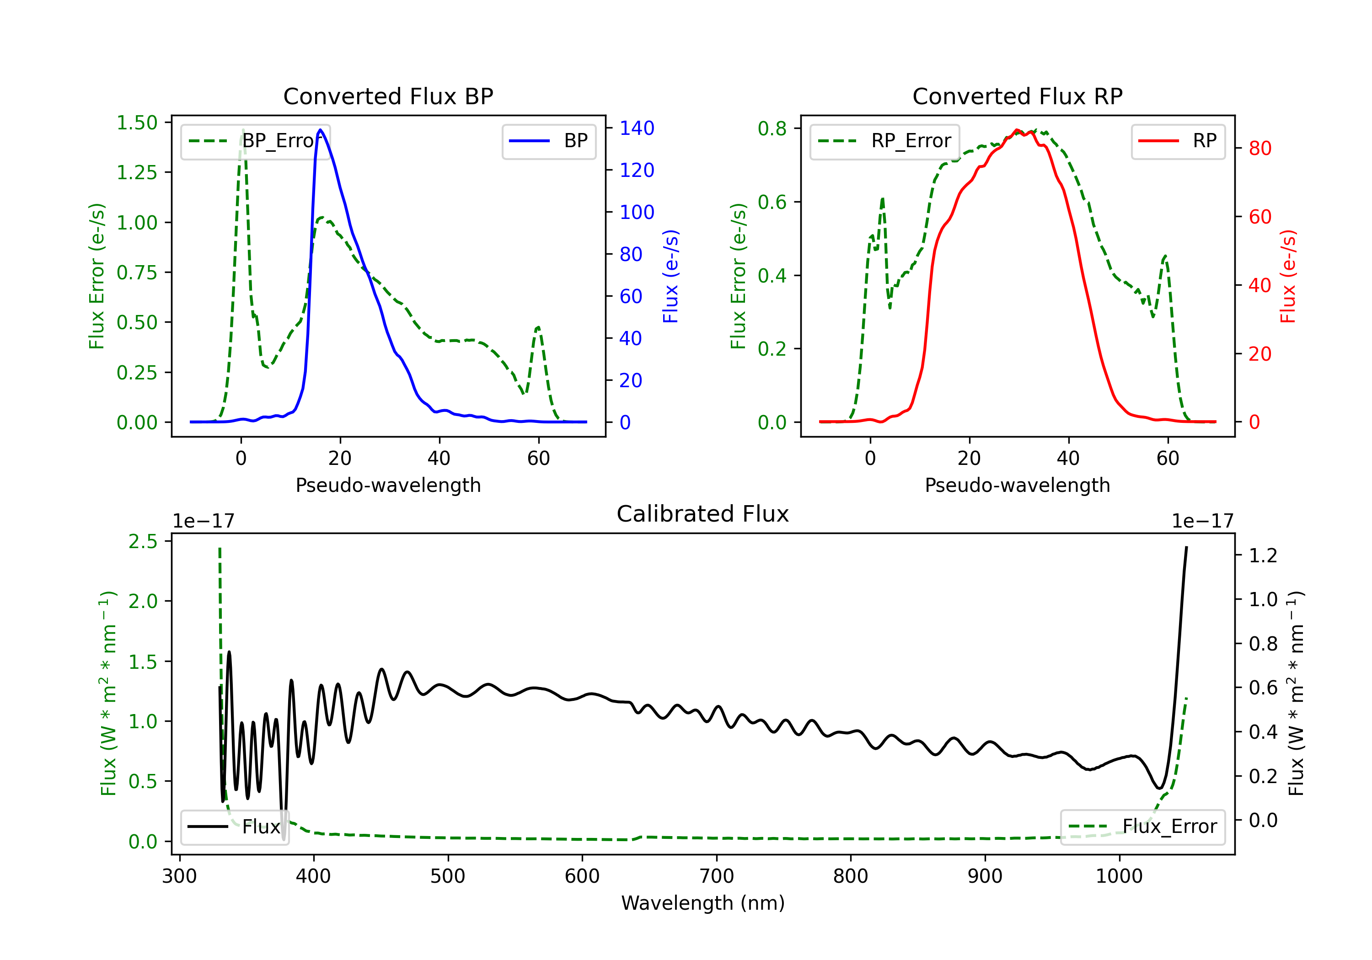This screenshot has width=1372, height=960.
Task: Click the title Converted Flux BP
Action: (x=388, y=96)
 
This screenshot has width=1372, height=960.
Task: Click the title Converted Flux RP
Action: (x=1017, y=96)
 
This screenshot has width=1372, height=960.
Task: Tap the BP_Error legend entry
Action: (x=255, y=141)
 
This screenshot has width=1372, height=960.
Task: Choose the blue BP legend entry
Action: (x=548, y=141)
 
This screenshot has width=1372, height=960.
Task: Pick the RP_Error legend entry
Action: (x=884, y=141)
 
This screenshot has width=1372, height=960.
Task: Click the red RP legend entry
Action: (x=1177, y=141)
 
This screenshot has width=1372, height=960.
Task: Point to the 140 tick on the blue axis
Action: (x=637, y=128)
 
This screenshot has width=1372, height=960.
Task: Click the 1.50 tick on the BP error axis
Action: (x=137, y=123)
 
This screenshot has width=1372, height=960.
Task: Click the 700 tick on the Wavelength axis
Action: (x=717, y=876)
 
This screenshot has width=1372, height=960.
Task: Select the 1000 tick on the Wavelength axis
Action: (x=1119, y=876)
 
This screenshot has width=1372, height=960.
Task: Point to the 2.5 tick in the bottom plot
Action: (x=143, y=541)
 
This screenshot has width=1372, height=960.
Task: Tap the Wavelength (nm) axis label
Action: (x=703, y=903)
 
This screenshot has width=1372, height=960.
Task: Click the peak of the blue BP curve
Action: (x=320, y=130)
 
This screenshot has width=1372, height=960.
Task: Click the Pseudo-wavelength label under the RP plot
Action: (x=1017, y=485)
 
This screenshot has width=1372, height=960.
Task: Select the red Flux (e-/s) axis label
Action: (x=1288, y=277)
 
